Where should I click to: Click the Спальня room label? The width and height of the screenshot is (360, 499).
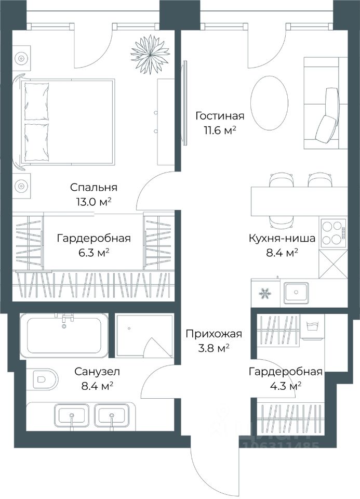94,188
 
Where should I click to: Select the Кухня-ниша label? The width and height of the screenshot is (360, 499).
282,238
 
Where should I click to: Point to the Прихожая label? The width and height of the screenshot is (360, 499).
214,334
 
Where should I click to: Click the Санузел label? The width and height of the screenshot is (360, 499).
97,371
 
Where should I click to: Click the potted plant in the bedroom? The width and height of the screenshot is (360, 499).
150,53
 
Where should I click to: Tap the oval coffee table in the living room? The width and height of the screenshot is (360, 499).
270,103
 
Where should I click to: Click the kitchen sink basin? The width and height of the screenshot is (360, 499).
296,292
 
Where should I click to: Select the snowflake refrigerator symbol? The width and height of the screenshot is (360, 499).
264,293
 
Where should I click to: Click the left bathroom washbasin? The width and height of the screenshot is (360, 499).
72,415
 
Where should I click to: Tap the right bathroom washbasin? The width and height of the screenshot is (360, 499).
112,415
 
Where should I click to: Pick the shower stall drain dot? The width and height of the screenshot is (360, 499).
129,328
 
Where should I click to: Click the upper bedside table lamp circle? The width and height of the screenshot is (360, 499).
21,59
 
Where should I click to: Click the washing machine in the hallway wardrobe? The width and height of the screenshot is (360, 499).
313,329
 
